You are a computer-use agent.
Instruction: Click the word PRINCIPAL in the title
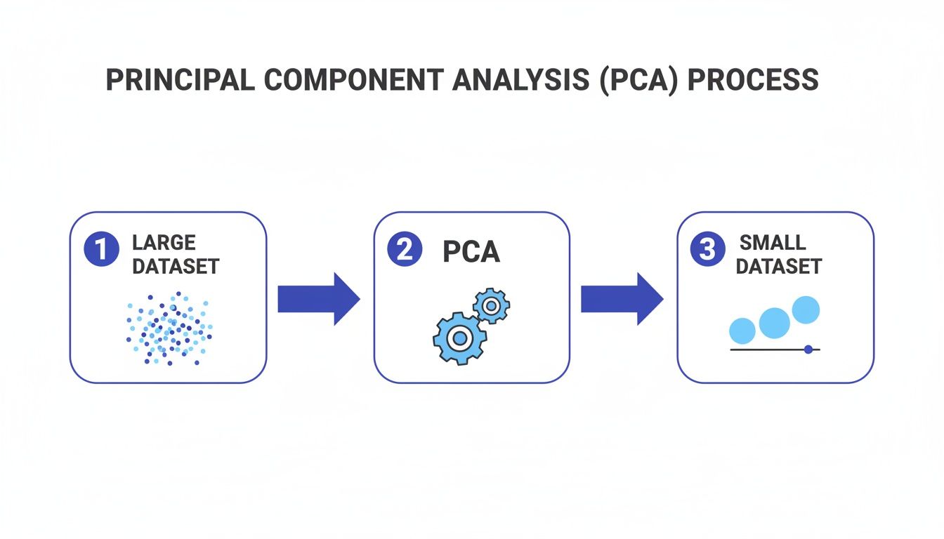[181, 80]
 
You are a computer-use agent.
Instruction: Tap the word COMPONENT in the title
[353, 80]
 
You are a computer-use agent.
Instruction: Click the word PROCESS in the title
[753, 80]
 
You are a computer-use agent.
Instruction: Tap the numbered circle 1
[101, 251]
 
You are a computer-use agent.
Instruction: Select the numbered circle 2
[405, 251]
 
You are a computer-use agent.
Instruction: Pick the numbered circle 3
[708, 251]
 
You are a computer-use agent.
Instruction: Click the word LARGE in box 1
[164, 243]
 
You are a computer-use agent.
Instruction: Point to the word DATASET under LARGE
[176, 267]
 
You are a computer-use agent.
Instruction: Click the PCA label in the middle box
[471, 252]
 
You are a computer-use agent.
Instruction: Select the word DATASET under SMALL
[779, 267]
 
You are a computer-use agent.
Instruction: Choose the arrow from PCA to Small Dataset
[622, 299]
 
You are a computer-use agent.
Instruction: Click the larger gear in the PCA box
[459, 338]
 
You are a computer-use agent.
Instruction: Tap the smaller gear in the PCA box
[491, 305]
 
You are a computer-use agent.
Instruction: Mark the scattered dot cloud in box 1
[169, 328]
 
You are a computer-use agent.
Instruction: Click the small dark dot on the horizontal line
[808, 349]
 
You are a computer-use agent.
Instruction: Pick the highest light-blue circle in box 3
[806, 310]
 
